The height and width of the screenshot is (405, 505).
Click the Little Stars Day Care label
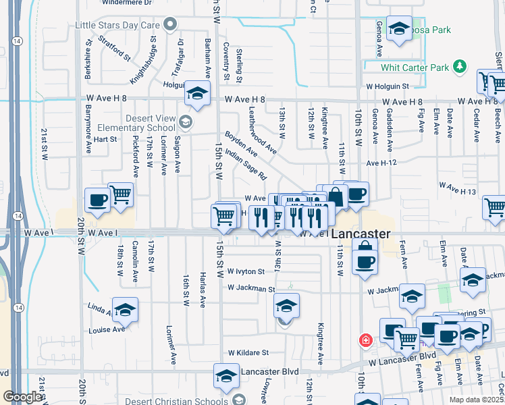click(x=118, y=26)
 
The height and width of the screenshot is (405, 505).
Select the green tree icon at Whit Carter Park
click(x=460, y=66)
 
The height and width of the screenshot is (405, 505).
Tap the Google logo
click(x=22, y=397)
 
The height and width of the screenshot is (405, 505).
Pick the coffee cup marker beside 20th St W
click(x=97, y=200)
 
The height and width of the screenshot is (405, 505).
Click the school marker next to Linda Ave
click(x=125, y=310)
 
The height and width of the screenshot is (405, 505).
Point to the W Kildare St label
click(x=248, y=352)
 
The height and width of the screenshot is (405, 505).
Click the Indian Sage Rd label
click(x=244, y=164)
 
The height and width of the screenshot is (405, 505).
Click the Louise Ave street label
click(x=107, y=329)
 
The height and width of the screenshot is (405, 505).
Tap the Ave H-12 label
click(x=381, y=163)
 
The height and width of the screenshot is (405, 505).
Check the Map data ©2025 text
click(x=476, y=400)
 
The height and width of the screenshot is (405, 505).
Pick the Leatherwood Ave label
click(x=262, y=130)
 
